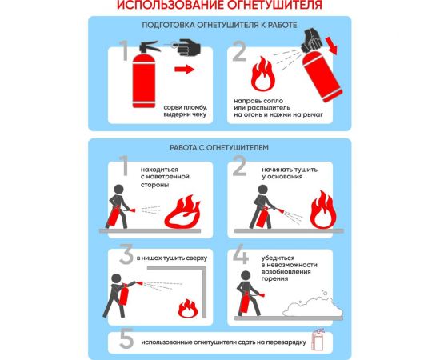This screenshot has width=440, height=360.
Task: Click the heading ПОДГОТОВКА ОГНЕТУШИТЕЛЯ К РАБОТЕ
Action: click(219, 26)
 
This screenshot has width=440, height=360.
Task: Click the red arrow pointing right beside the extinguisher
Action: click(185, 71)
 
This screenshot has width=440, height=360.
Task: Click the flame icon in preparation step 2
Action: click(262, 77)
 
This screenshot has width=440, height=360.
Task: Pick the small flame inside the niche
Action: click(187, 308)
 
